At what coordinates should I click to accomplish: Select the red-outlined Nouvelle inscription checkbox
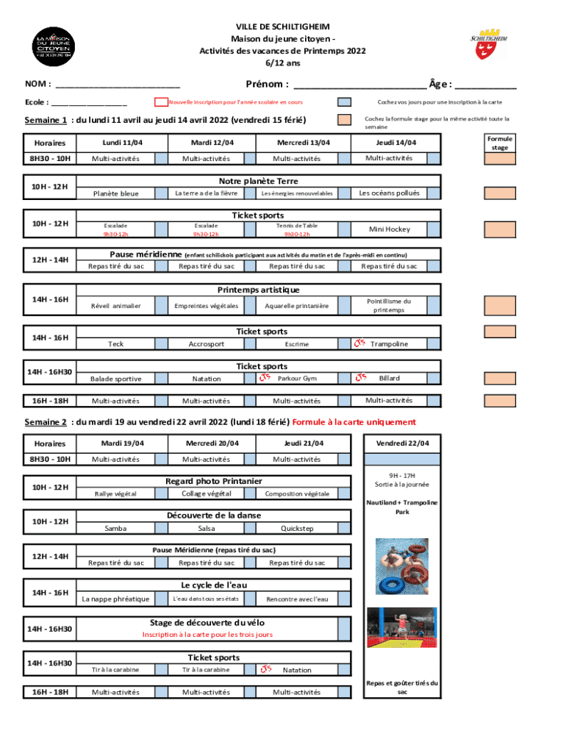pos(161,102)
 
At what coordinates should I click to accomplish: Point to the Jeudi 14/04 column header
pos(396,143)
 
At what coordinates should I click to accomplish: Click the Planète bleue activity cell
pos(115,193)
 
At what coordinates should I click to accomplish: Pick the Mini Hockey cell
pos(390,229)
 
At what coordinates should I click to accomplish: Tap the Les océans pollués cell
pos(389,193)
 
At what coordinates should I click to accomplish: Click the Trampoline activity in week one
pos(389,344)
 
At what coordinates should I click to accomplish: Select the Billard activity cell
pos(389,378)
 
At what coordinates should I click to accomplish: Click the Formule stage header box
pos(500,143)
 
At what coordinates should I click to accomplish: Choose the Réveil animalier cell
pos(115,305)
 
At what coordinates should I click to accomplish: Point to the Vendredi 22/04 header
pos(403,443)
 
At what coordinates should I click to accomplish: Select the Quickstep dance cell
pos(296,528)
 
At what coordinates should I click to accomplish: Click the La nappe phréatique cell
pos(115,599)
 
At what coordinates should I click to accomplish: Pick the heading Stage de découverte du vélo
pos(207,622)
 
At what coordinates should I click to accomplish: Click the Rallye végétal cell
pos(115,493)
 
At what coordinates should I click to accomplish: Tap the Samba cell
pos(115,528)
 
